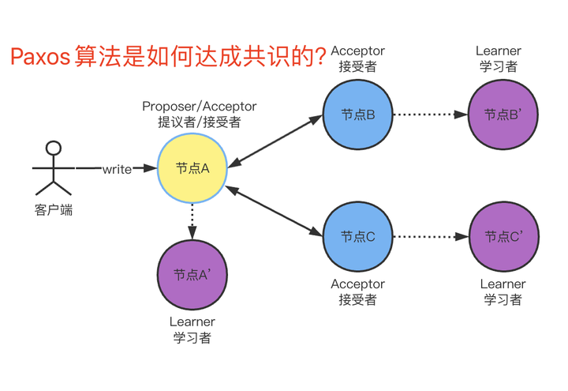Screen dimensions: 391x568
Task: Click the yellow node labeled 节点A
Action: (x=192, y=167)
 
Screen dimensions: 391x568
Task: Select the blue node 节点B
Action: (x=357, y=115)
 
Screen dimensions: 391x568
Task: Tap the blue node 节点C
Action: (x=357, y=236)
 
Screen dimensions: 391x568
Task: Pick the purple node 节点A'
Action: (x=192, y=275)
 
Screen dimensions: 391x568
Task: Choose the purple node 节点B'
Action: (x=503, y=115)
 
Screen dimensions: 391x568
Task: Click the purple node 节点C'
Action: (x=503, y=236)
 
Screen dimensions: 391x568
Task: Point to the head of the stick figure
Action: (x=53, y=148)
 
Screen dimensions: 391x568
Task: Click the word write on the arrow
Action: (x=117, y=169)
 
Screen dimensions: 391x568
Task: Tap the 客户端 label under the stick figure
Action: (x=53, y=210)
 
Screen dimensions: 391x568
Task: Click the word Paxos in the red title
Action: (x=39, y=57)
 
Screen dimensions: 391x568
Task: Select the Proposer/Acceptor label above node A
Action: (x=199, y=106)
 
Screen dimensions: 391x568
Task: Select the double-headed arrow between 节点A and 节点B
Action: (x=275, y=141)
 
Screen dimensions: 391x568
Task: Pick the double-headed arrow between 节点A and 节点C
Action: (x=275, y=211)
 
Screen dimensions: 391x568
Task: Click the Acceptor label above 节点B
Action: (x=357, y=51)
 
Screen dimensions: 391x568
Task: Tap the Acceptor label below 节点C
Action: (x=357, y=284)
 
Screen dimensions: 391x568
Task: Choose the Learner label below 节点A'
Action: (x=192, y=321)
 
